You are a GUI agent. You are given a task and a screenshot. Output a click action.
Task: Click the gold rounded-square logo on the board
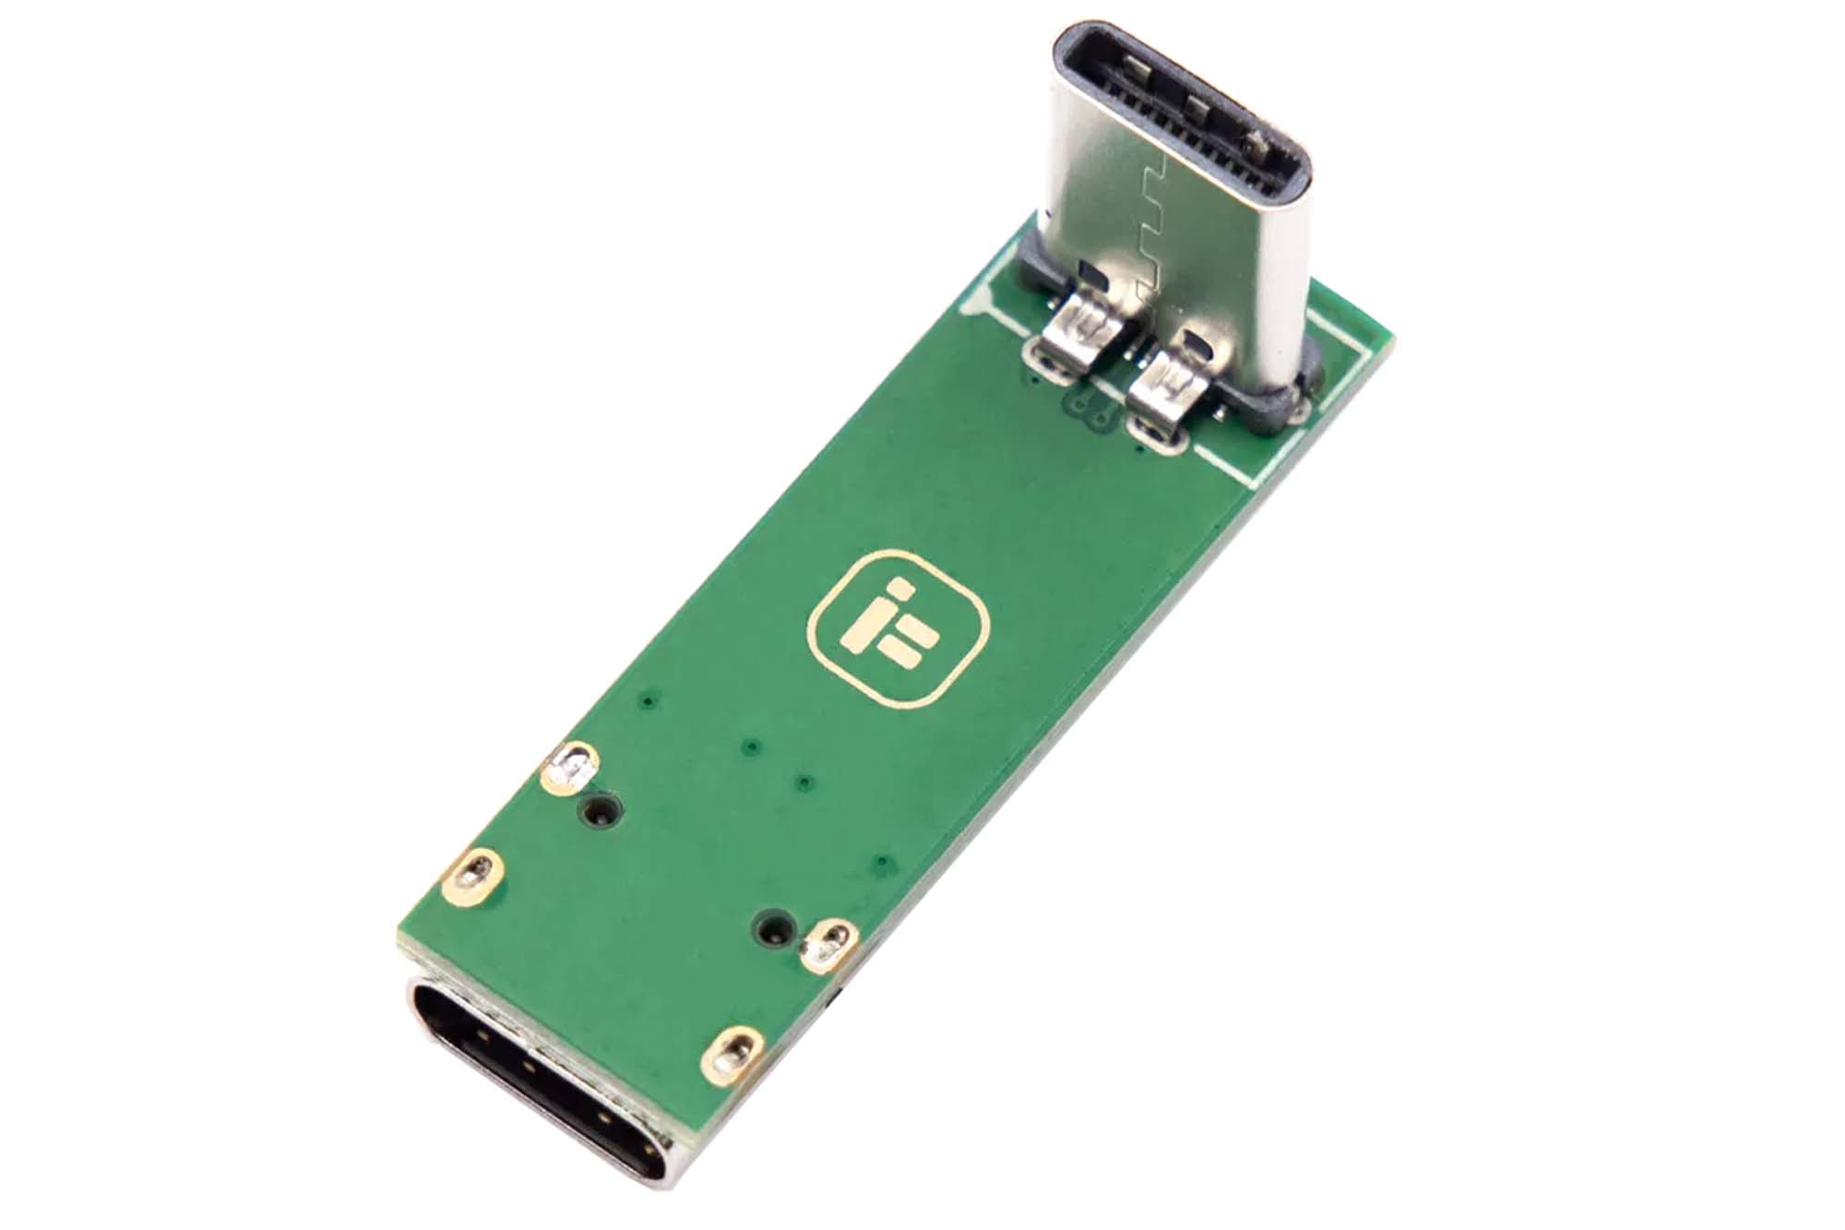tap(897, 630)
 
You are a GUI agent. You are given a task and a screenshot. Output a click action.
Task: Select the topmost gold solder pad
tap(572, 766)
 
